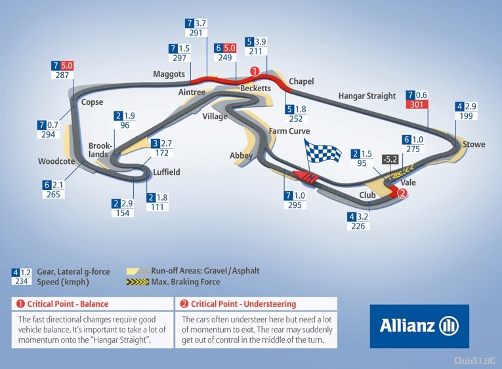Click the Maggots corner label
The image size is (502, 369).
tap(169, 74)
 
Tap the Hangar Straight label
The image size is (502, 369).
tap(367, 96)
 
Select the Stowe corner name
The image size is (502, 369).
tap(474, 144)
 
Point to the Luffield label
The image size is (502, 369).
tap(167, 172)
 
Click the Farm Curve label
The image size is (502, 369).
tap(289, 131)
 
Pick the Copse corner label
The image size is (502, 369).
tap(92, 102)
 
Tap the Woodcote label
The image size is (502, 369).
tap(56, 161)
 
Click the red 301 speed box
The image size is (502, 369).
tap(417, 104)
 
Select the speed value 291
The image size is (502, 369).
tap(196, 33)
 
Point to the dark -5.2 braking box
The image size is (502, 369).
tap(390, 159)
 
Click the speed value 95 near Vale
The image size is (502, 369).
tap(362, 163)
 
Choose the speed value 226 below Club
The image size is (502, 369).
tap(358, 226)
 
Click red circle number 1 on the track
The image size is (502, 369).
tap(255, 71)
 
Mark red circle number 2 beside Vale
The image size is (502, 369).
tap(402, 193)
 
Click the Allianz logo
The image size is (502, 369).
tap(419, 326)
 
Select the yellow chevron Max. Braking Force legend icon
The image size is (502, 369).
tap(137, 282)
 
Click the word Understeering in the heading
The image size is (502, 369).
tap(270, 303)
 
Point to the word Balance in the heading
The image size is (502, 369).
tap(94, 303)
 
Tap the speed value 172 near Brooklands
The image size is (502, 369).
tap(161, 153)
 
